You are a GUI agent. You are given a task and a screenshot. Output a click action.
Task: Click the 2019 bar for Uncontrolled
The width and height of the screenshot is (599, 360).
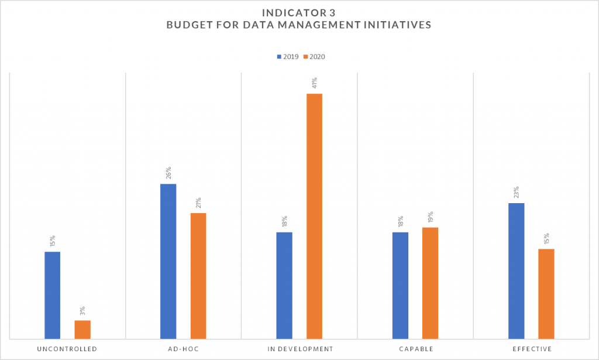[52, 295]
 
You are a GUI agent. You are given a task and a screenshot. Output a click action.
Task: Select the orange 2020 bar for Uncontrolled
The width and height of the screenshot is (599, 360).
[82, 329]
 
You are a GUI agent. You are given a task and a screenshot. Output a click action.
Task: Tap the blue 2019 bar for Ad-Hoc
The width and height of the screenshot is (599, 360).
[168, 261]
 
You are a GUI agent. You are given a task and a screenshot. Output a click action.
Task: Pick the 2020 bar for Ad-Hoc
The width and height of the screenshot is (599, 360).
[198, 276]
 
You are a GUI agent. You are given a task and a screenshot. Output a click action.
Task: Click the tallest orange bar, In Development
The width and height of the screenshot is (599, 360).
[314, 216]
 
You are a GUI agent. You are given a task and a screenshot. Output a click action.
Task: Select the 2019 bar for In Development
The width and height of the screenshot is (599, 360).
[284, 285]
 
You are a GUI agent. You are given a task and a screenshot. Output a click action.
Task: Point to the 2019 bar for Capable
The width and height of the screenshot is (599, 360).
[400, 285]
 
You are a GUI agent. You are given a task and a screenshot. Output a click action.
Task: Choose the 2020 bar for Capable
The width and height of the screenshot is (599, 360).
[430, 283]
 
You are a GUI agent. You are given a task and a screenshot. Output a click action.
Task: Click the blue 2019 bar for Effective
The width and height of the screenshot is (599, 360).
[517, 270]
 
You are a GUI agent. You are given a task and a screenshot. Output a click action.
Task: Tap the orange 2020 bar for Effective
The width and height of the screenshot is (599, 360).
[546, 293]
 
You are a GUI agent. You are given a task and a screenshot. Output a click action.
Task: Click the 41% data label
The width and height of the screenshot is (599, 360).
[314, 83]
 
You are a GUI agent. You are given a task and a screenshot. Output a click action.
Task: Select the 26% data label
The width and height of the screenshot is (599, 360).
[168, 173]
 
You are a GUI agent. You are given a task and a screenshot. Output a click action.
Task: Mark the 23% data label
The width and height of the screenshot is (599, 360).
[517, 192]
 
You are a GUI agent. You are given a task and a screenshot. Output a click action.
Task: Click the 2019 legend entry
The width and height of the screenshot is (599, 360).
[287, 57]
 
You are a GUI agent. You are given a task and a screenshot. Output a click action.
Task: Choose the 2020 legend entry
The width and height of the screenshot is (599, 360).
[314, 57]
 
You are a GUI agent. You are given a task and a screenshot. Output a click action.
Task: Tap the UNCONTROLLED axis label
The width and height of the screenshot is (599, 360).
[67, 349]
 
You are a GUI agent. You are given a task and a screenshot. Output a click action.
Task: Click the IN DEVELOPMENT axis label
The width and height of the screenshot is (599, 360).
[299, 349]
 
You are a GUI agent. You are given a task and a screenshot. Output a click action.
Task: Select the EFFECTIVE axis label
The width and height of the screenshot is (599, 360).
[531, 349]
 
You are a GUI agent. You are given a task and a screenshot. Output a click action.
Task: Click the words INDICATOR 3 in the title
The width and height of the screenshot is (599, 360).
[299, 12]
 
